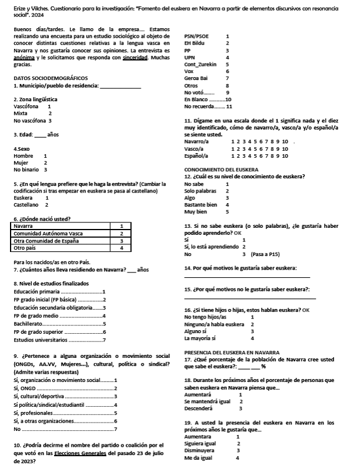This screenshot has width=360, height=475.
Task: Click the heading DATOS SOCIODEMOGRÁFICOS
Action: (x=51, y=78)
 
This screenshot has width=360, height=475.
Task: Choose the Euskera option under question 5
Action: (x=24, y=198)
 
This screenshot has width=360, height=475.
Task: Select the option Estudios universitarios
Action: (x=41, y=340)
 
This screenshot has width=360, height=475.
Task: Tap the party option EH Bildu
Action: (x=195, y=43)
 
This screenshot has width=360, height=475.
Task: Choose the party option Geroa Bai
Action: (x=196, y=78)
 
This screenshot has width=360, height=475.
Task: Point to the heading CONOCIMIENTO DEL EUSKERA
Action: (x=222, y=170)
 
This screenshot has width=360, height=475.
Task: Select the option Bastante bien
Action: (x=201, y=204)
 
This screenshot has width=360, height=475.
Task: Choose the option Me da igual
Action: (x=200, y=457)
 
